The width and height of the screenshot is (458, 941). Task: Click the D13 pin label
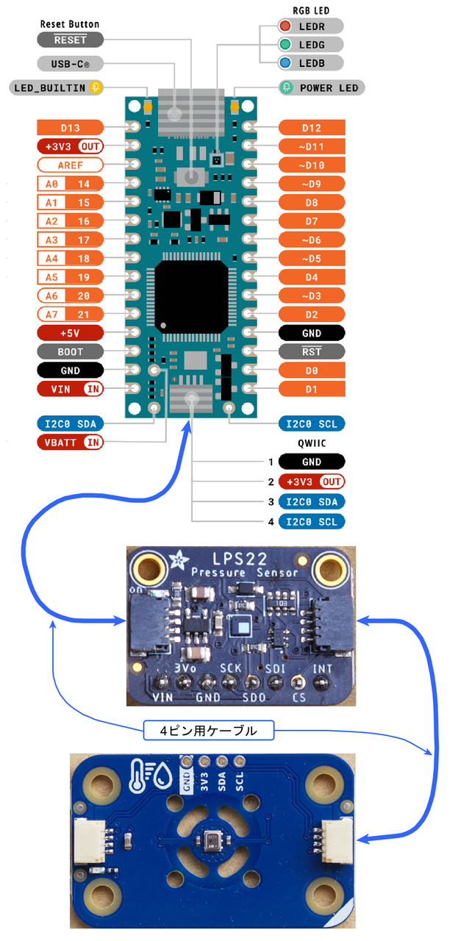(71, 127)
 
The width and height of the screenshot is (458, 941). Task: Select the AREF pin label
(71, 165)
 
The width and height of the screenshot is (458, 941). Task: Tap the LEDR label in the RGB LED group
(312, 26)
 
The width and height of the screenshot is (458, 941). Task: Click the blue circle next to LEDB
(285, 63)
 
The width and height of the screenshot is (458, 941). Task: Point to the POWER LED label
(328, 88)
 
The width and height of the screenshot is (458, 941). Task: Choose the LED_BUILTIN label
(50, 88)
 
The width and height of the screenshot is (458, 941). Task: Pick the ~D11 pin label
(312, 146)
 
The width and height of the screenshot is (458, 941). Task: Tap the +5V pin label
(71, 333)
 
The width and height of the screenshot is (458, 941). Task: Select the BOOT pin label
(71, 351)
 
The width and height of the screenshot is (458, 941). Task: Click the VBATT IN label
(71, 442)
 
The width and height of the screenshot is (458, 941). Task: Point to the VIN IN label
(71, 389)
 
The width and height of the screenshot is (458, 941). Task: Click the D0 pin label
(312, 371)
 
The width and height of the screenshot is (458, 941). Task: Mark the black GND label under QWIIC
(312, 462)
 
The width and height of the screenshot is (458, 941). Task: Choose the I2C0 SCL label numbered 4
(312, 522)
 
